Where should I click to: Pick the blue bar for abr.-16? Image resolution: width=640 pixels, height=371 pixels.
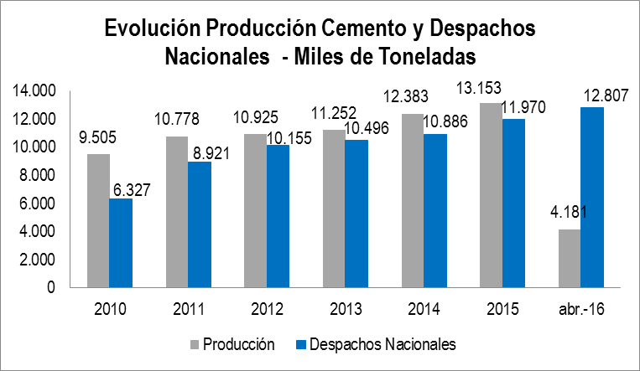pyautogui.click(x=591, y=197)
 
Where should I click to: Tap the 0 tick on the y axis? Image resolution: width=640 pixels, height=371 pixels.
pyautogui.click(x=51, y=288)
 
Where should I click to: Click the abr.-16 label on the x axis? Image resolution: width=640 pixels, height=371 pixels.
pyautogui.click(x=580, y=307)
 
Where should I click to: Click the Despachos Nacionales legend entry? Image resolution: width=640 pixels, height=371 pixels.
pyautogui.click(x=382, y=343)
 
